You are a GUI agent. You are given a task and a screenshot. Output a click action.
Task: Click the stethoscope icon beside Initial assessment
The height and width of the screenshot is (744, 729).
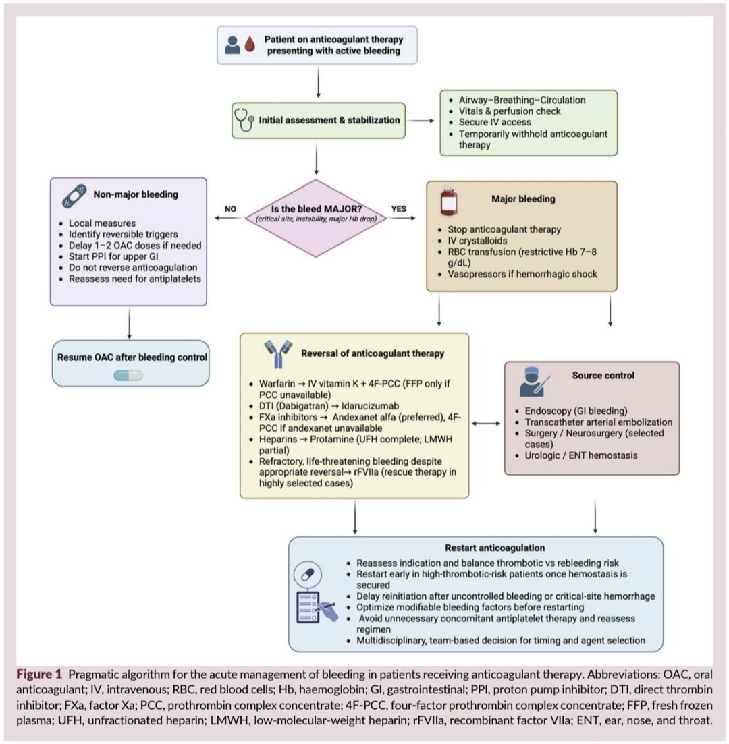244,120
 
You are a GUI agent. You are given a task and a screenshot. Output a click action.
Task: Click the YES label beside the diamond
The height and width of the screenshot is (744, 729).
399,209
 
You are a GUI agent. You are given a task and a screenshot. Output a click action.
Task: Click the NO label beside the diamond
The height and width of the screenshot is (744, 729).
230,209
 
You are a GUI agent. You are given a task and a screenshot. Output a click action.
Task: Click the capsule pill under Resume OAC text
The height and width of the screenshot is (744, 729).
128,375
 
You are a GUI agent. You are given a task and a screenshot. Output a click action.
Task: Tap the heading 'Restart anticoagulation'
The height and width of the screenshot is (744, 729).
495,547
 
